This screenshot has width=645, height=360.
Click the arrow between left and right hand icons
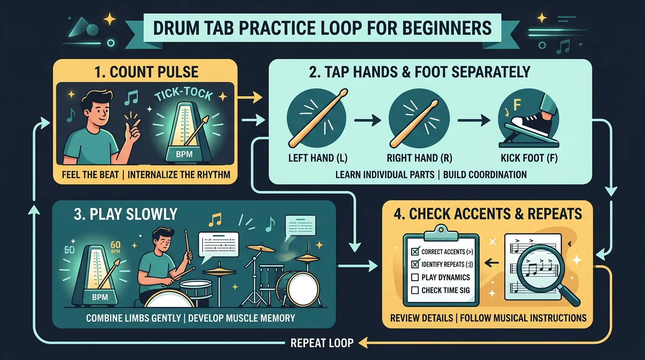click(x=366, y=121)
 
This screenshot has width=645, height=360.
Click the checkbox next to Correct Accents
click(x=414, y=252)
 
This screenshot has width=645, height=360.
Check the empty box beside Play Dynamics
click(x=414, y=277)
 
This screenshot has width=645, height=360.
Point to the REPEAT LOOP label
click(x=322, y=343)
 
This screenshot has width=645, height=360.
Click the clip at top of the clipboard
click(x=441, y=229)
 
